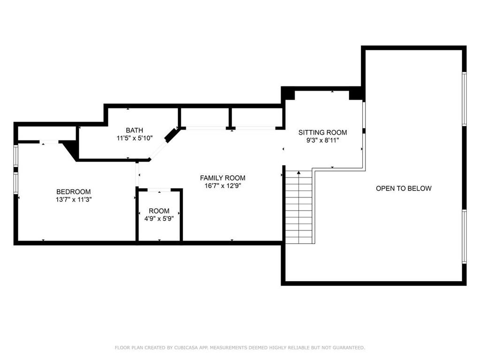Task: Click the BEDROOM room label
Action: [74, 191]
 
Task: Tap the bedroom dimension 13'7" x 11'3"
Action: [74, 199]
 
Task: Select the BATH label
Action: [134, 130]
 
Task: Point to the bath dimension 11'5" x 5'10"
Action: [134, 138]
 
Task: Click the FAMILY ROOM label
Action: [222, 178]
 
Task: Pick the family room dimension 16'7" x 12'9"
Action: [223, 186]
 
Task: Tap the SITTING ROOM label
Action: [323, 132]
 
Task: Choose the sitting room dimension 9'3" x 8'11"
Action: [323, 140]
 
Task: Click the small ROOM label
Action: [159, 211]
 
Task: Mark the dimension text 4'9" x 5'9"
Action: [159, 219]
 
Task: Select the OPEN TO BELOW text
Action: [404, 188]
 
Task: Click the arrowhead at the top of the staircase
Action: [299, 173]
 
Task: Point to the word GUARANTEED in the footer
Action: [349, 348]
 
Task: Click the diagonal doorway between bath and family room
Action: [158, 150]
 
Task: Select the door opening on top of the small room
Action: [159, 190]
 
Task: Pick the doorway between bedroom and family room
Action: [137, 174]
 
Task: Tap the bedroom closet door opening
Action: [49, 142]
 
